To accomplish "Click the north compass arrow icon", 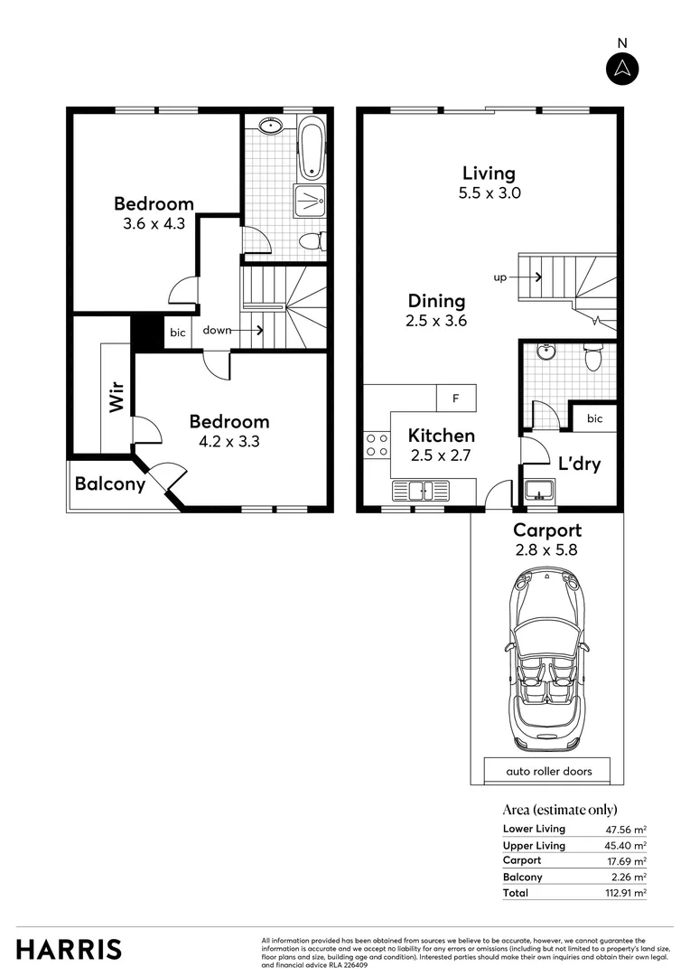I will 622,69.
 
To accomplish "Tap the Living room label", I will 489,174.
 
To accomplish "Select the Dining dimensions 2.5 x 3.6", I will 437,321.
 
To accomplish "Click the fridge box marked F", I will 456,398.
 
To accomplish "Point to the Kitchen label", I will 441,436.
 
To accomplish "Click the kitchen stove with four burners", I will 377,445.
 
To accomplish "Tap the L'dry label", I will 580,465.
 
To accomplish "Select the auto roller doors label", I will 545,772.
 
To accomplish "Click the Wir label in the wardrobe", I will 116,399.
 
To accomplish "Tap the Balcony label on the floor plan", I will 110,484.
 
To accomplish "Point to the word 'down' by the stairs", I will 217,331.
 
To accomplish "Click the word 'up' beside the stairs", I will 499,277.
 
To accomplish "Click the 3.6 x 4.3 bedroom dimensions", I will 154,222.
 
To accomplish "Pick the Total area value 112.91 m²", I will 626,893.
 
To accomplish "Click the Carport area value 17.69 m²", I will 626,861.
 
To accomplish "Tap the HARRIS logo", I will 69,949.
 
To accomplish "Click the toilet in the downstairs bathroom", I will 593,358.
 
